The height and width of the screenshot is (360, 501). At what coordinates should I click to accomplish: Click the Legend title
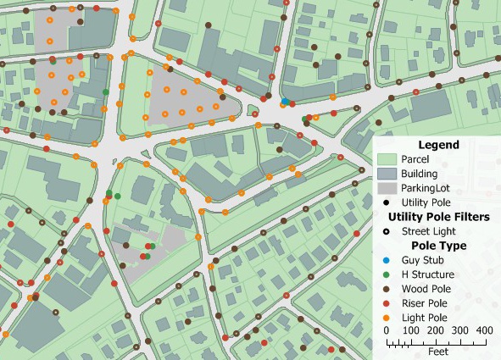click(x=437, y=145)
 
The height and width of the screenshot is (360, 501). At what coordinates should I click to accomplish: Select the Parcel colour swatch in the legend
click(x=387, y=159)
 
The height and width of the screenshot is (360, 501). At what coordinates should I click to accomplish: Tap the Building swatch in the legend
click(x=387, y=174)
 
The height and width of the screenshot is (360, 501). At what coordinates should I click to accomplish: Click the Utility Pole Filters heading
click(x=437, y=217)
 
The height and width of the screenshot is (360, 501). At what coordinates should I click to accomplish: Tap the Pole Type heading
click(x=437, y=246)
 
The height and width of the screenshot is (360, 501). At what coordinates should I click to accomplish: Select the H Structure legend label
click(x=428, y=274)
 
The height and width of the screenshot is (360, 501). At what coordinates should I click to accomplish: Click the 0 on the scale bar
click(x=387, y=330)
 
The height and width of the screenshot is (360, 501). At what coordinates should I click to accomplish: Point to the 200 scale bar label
click(x=435, y=330)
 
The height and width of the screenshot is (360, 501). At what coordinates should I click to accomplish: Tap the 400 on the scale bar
click(x=484, y=330)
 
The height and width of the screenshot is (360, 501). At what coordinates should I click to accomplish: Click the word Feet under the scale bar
click(x=437, y=351)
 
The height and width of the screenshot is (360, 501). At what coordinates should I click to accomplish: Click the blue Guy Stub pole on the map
click(x=285, y=102)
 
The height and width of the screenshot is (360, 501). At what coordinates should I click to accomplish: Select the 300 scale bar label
click(x=459, y=330)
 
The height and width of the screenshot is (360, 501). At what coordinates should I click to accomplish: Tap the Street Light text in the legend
click(x=429, y=231)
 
